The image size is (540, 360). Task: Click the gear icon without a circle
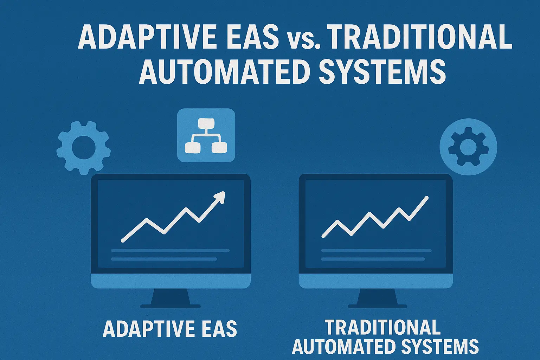[x=84, y=148]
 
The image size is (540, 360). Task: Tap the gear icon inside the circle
[x=468, y=147]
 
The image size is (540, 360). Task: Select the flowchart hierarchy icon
[x=206, y=135]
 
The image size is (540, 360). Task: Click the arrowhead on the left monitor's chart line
[x=220, y=196]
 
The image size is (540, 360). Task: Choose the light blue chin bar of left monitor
[x=171, y=281]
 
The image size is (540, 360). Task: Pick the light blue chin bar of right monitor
[x=375, y=281]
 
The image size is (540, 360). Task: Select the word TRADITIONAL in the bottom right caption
[x=382, y=327]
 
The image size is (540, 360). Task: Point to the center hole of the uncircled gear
[x=84, y=148]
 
